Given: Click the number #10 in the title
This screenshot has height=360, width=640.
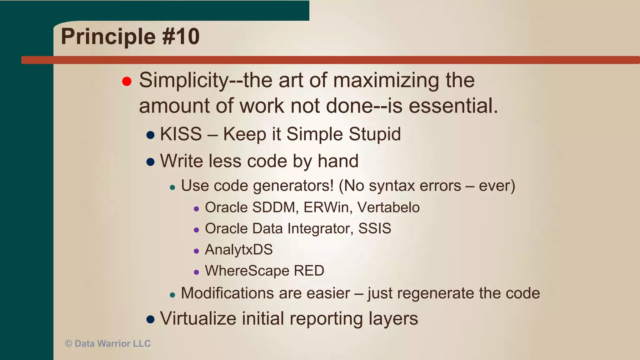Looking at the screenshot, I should pyautogui.click(x=181, y=37).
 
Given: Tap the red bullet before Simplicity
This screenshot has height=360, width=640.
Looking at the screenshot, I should pyautogui.click(x=127, y=82).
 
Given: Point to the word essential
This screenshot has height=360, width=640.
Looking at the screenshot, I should pyautogui.click(x=453, y=106).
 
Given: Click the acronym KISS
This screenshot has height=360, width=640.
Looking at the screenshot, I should pyautogui.click(x=181, y=134).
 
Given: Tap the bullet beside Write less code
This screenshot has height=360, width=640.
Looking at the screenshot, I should pyautogui.click(x=150, y=162).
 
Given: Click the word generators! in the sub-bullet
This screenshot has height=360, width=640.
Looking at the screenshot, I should pyautogui.click(x=293, y=186).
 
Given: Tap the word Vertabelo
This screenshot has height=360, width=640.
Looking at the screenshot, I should pyautogui.click(x=388, y=207).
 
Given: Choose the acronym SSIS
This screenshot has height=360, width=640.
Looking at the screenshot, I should pyautogui.click(x=374, y=228).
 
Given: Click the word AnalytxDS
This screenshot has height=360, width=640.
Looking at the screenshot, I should pyautogui.click(x=239, y=250).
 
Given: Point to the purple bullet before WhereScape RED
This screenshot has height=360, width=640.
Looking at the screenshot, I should pyautogui.click(x=196, y=272).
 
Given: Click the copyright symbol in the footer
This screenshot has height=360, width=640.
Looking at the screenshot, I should pyautogui.click(x=68, y=344).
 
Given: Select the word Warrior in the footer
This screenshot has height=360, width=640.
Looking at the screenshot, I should pyautogui.click(x=114, y=344).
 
